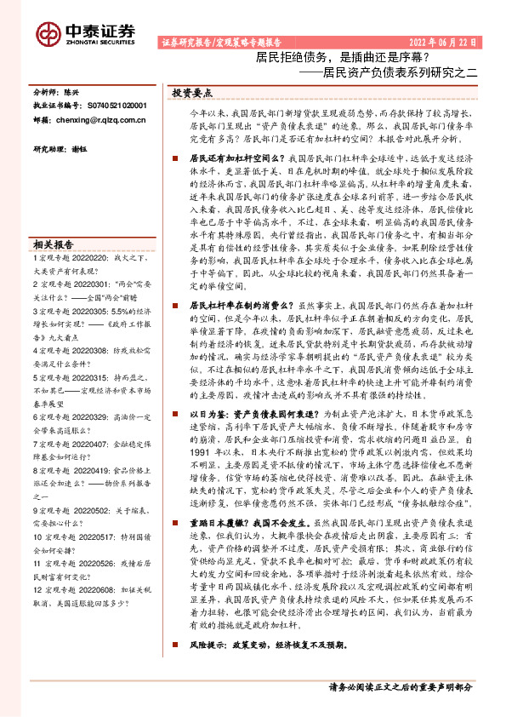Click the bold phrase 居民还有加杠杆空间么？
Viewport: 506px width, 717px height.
point(234,135)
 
